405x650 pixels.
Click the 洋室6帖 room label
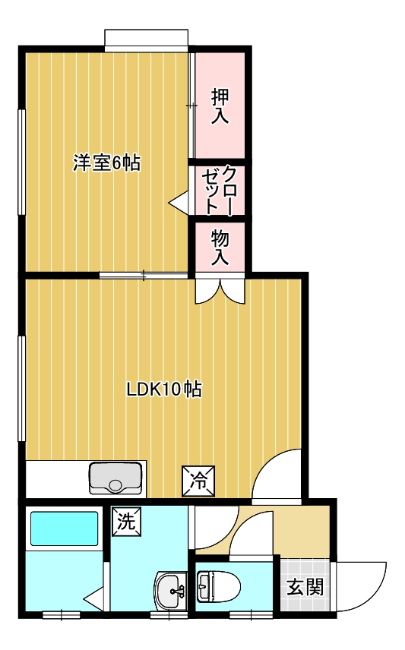coord(106,162)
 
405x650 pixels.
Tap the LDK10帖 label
coord(164,390)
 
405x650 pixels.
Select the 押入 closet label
coord(220,106)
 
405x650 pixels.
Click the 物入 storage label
coord(220,248)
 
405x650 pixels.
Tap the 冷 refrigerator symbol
coord(199,481)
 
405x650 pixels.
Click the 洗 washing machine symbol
coord(127,522)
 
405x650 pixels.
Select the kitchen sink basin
coord(115,478)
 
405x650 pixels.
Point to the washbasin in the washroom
coord(171,590)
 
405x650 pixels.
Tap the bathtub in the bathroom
coord(65,529)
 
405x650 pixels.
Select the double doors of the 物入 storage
coord(220,290)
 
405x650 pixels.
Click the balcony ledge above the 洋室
coord(146,39)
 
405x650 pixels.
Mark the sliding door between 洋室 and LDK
coord(144,275)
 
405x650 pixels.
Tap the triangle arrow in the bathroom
coord(93,598)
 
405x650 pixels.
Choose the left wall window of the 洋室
coord(21,162)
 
